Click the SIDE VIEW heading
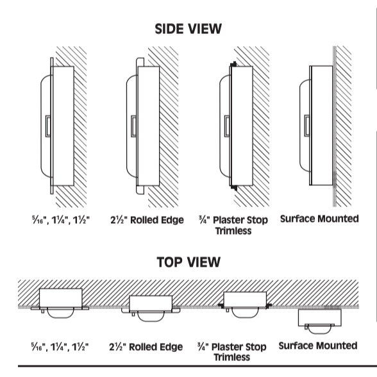coord(188,29)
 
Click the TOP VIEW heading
coord(188,262)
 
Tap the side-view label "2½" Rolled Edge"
coord(147,220)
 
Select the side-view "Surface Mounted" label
coord(319,219)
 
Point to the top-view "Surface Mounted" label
coord(318,346)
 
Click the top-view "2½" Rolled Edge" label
coord(146,347)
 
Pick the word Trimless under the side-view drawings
coord(233,231)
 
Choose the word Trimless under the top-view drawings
coord(232,357)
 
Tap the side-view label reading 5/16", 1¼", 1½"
coord(61,220)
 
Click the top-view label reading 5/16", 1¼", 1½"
coord(60,347)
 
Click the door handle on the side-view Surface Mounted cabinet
coord(306,126)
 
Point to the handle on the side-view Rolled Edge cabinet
coord(133,126)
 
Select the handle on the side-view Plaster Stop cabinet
coord(227,126)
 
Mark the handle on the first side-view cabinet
coord(48,126)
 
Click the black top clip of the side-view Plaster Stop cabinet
coord(233,64)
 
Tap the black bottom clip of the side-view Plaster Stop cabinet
coord(233,187)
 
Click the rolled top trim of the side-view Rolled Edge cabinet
coord(140,62)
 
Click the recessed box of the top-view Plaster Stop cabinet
coord(245,299)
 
